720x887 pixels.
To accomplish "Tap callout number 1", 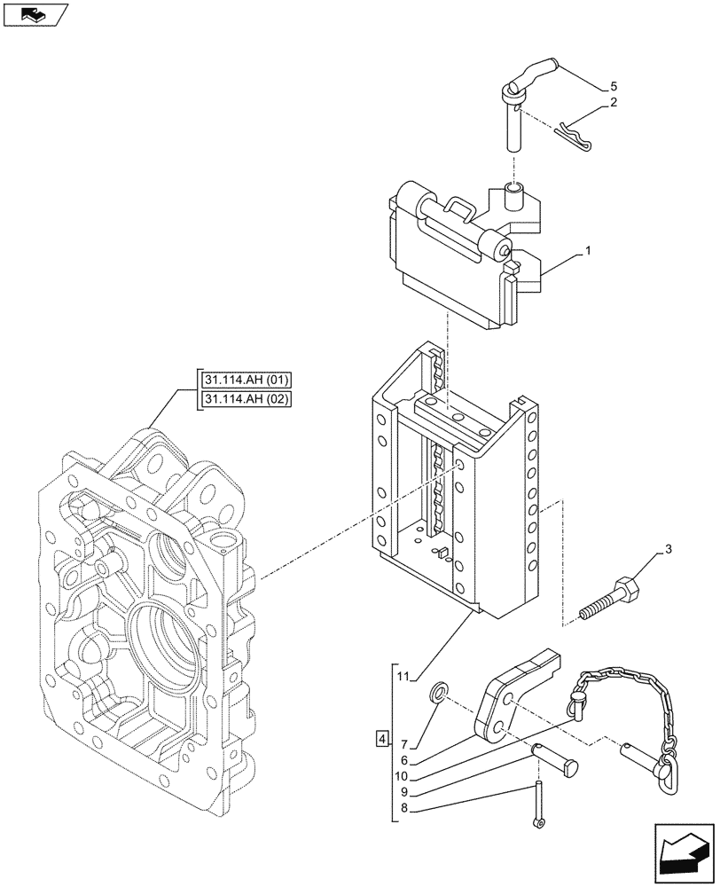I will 587,253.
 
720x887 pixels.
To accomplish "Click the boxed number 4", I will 380,738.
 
